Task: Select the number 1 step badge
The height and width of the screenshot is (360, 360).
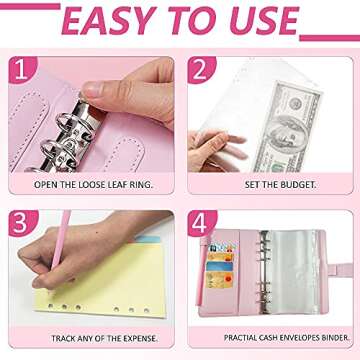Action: [22, 70]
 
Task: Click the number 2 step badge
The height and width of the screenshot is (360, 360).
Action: [201, 70]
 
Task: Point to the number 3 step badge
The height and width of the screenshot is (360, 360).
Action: [23, 223]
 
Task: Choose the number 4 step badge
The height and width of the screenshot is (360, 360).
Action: [202, 223]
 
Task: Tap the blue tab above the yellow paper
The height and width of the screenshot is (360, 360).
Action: [148, 239]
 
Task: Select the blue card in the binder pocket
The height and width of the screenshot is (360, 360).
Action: [219, 266]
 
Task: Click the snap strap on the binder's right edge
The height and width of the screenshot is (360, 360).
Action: [339, 270]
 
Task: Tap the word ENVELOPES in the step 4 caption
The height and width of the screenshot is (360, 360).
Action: [302, 337]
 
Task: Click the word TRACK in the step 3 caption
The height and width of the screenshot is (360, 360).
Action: [64, 339]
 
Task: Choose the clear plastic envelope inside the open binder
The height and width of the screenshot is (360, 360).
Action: [290, 272]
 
